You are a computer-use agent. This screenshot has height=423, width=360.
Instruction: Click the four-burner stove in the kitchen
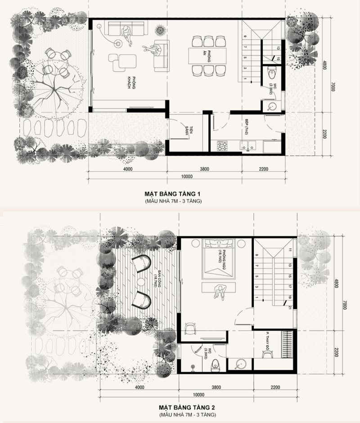222,146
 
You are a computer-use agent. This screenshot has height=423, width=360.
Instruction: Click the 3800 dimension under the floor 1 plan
203,169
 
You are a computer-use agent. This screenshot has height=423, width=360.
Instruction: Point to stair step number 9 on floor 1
245,36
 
